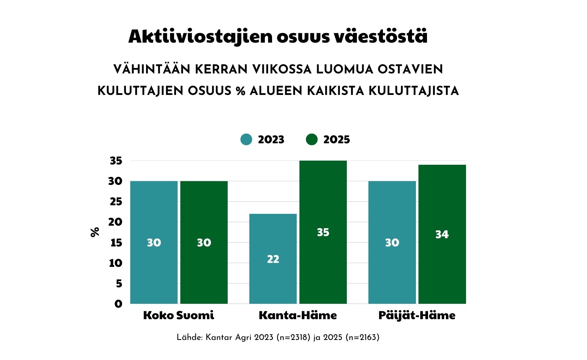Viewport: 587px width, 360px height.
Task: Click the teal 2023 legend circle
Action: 246,139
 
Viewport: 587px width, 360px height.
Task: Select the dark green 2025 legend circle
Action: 312,139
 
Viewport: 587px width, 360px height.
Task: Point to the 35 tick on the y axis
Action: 116,161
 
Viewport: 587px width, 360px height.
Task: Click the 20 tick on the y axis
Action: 115,222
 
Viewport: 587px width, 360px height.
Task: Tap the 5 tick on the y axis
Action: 119,284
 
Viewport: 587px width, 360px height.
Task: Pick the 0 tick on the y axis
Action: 118,304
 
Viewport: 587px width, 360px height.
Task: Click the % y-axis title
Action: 95,232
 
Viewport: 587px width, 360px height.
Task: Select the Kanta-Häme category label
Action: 298,315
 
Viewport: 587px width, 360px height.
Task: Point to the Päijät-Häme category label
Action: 417,316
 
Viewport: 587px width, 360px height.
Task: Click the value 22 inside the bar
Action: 273,259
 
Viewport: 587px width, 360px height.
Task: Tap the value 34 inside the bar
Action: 442,234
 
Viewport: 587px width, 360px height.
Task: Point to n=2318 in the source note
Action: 293,337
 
